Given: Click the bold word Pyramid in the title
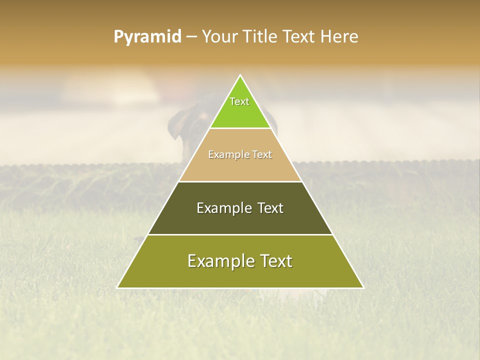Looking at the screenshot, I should tap(147, 37).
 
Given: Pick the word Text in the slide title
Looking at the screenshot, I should tap(300, 37).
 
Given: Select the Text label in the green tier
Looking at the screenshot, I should tap(239, 101).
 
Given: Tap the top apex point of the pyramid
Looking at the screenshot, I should tap(240, 75).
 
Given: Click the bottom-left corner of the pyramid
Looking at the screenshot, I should tap(117, 287).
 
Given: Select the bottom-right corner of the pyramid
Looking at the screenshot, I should tap(363, 287).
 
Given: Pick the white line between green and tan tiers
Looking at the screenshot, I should tap(240, 128).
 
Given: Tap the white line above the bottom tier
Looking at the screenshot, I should tap(240, 234).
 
